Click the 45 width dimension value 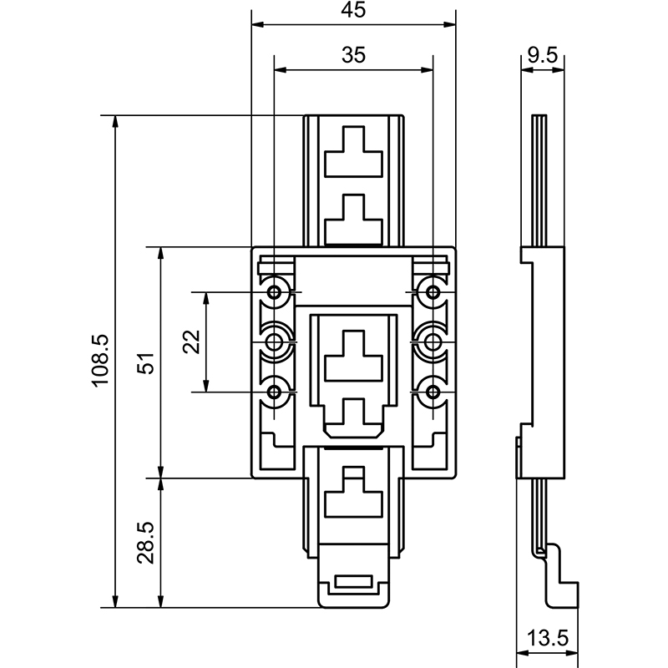354,11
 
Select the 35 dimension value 354,56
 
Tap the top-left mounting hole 275,292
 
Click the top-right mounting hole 433,292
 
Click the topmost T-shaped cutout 354,152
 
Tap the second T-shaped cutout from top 354,220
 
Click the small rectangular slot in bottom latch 354,584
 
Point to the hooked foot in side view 559,584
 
